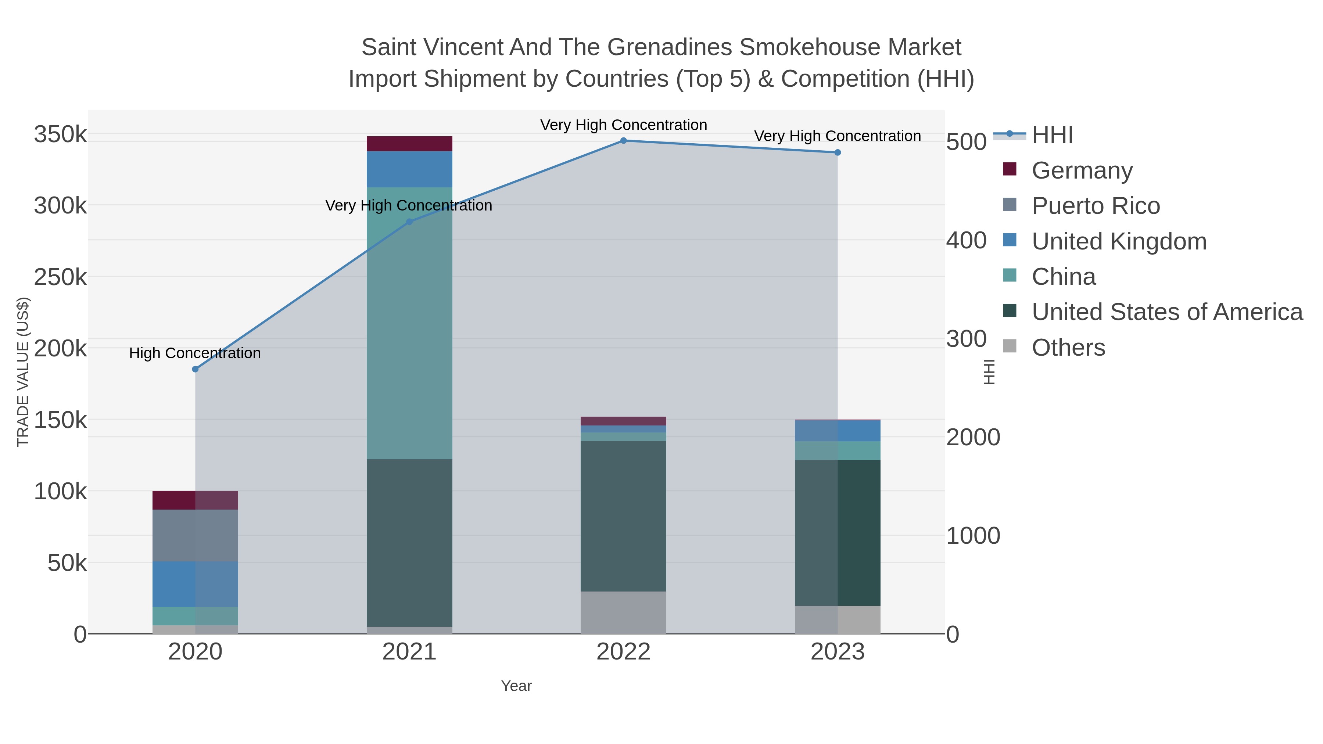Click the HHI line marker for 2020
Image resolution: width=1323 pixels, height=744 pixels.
click(195, 369)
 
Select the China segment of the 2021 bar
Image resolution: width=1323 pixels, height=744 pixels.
click(409, 323)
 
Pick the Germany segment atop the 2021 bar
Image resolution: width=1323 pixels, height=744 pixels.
click(409, 144)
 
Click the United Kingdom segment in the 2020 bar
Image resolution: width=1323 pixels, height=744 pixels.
click(195, 584)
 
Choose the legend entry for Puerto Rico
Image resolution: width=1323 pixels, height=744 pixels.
click(1095, 206)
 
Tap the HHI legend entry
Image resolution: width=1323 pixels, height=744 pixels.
click(1052, 135)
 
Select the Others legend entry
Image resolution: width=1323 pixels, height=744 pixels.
click(1067, 348)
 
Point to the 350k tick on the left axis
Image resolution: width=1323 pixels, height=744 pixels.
click(61, 135)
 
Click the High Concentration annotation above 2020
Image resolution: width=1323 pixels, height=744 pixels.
click(195, 353)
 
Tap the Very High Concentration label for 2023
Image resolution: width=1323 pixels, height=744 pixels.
click(837, 136)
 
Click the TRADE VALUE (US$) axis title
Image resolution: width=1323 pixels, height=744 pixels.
click(23, 372)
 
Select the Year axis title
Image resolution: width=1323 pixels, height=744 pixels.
click(516, 686)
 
